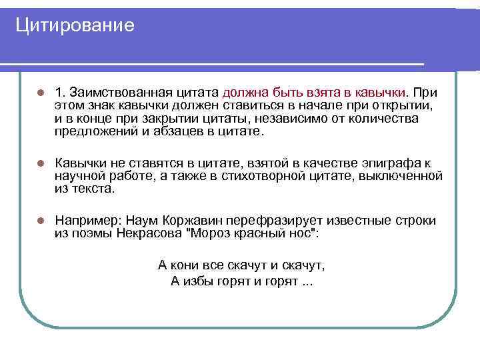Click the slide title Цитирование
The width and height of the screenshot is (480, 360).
[x=75, y=25]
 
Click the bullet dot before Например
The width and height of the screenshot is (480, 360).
[x=40, y=221]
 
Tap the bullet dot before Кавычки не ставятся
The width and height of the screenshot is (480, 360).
[x=40, y=163]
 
